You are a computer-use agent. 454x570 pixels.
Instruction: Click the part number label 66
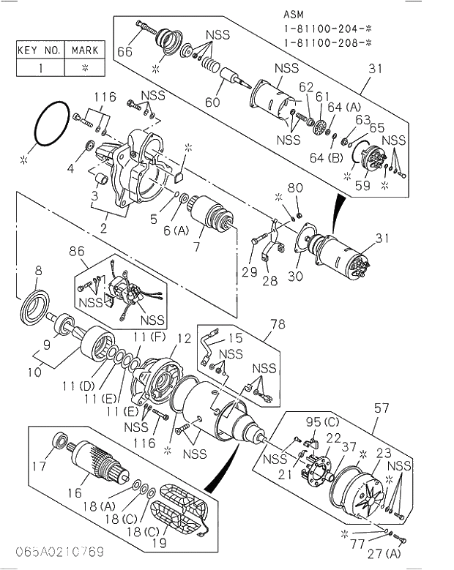tap(124, 51)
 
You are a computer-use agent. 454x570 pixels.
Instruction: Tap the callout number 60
tap(212, 102)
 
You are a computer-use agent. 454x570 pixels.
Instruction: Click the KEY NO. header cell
tap(39, 50)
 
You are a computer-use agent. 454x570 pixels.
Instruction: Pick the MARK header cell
tap(85, 50)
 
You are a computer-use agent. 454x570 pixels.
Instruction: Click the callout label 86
tap(77, 251)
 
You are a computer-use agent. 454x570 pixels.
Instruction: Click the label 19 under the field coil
tap(159, 543)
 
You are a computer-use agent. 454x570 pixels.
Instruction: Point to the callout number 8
tap(38, 271)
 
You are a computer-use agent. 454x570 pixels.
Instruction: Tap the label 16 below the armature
tap(75, 493)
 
